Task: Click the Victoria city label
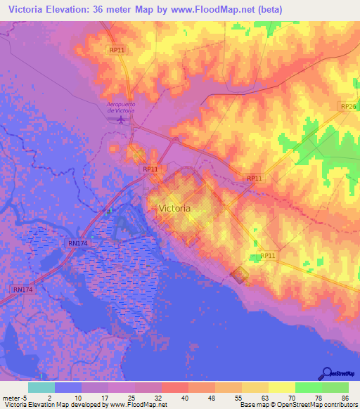(x=174, y=209)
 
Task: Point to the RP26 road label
(x=348, y=106)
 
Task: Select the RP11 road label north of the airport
(x=117, y=50)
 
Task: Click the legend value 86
(x=344, y=397)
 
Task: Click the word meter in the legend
(x=12, y=397)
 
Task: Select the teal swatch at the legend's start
(x=41, y=387)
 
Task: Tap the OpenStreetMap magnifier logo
(x=328, y=373)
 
